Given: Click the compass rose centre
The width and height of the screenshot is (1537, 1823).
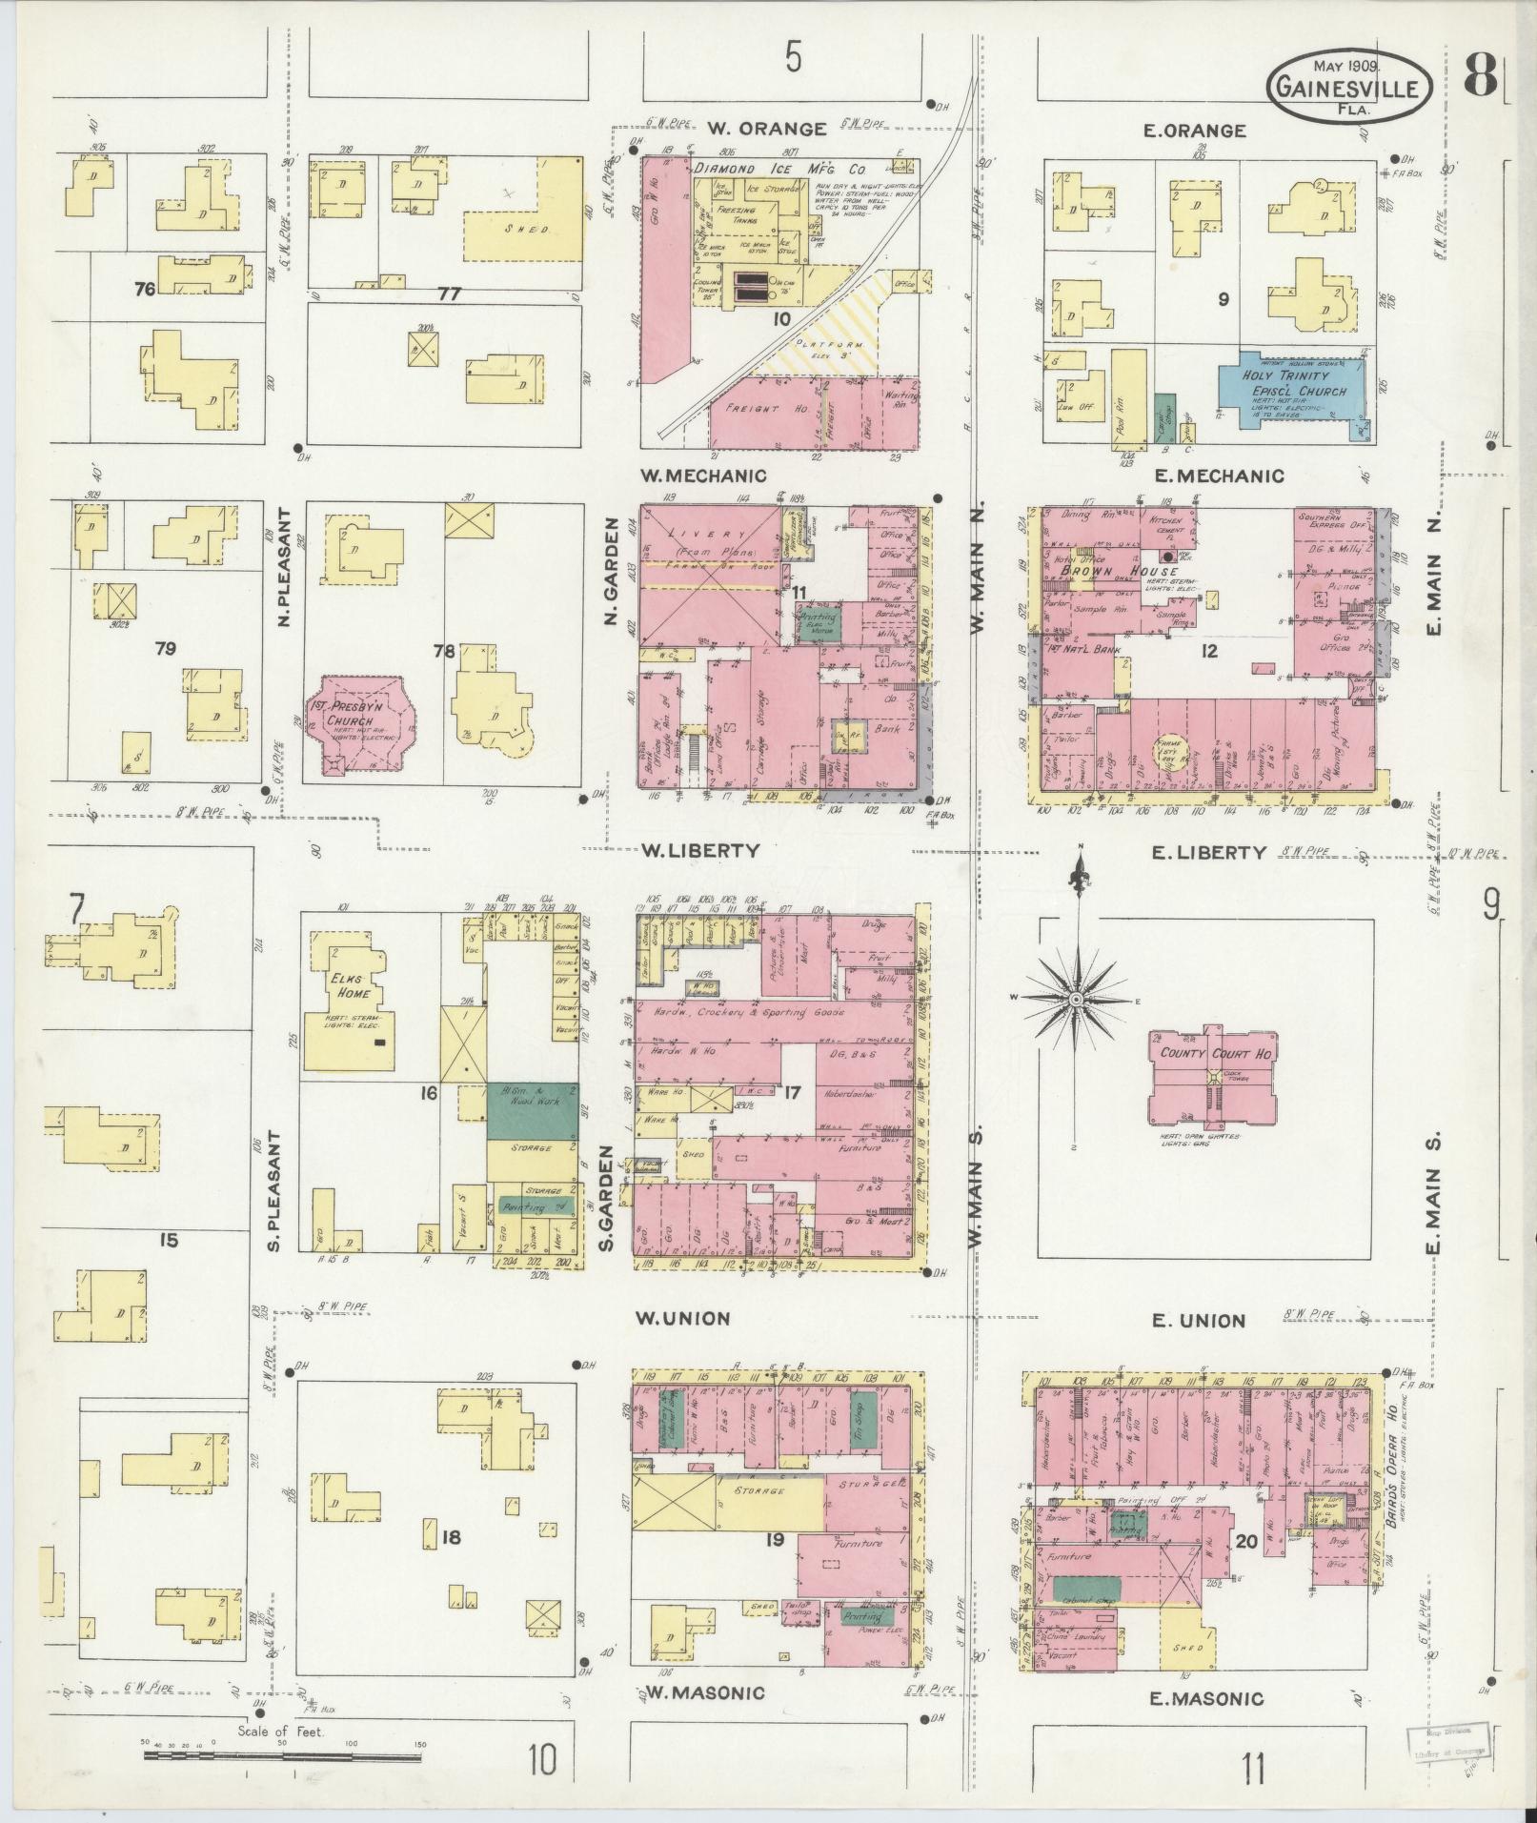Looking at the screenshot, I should click(1075, 999).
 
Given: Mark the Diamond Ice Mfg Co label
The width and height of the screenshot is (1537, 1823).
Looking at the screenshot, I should click(779, 169).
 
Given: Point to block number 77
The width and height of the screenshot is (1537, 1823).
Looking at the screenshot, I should click(449, 294).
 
